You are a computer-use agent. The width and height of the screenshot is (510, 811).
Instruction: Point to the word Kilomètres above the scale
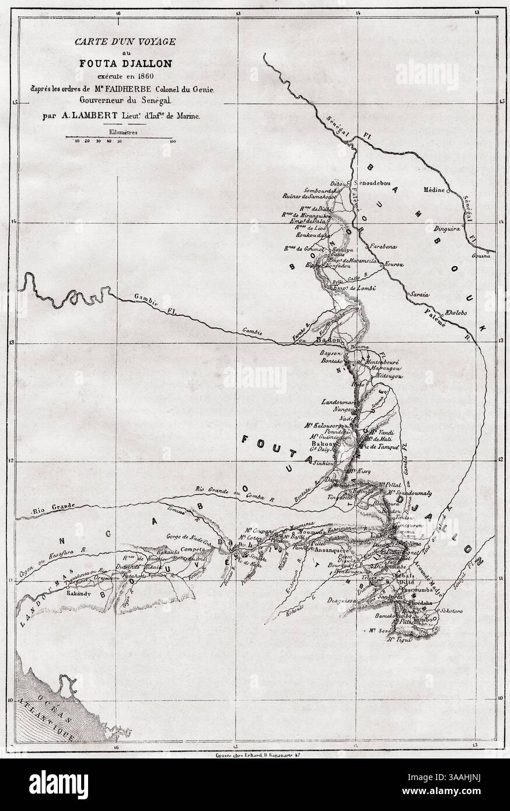point(119,132)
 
